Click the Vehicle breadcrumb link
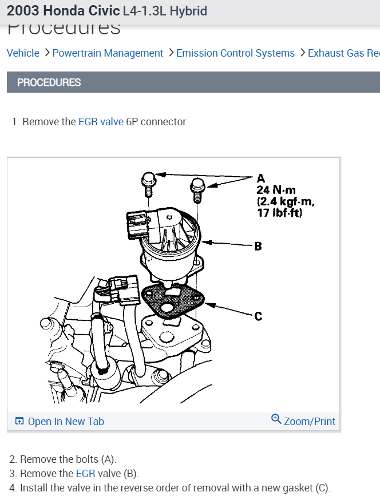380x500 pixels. pos(23,53)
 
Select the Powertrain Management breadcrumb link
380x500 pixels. pos(108,53)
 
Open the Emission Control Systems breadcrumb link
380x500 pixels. pos(235,53)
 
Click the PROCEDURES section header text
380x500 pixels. pos(49,82)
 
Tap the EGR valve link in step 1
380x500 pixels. pos(101,122)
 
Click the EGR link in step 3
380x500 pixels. pos(85,474)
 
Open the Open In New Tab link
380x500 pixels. pos(65,422)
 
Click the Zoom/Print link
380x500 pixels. pos(310,422)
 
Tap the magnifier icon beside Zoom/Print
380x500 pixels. pos(276,419)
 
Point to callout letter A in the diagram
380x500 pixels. pos(261,178)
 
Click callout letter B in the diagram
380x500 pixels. pos(258,247)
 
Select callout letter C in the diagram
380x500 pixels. pos(258,316)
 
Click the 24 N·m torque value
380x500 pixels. pos(276,190)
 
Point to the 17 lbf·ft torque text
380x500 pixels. pos(279,213)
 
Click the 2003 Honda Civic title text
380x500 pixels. pos(64,11)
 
